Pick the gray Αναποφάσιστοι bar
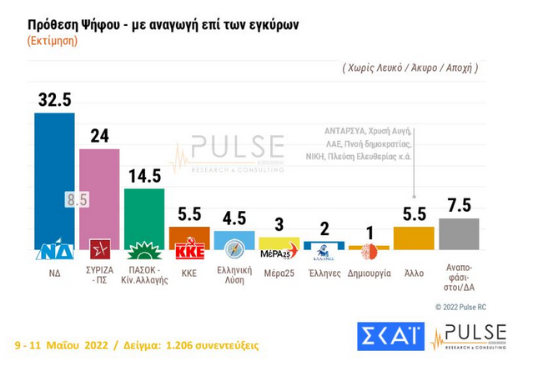click(458, 233)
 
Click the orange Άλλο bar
click(413, 238)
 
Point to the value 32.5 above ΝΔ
click(53, 100)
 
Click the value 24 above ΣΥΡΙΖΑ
click(99, 136)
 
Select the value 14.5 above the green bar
click(144, 176)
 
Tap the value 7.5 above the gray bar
click(458, 205)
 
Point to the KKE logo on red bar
click(189, 249)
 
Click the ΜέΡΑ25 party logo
click(279, 253)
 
